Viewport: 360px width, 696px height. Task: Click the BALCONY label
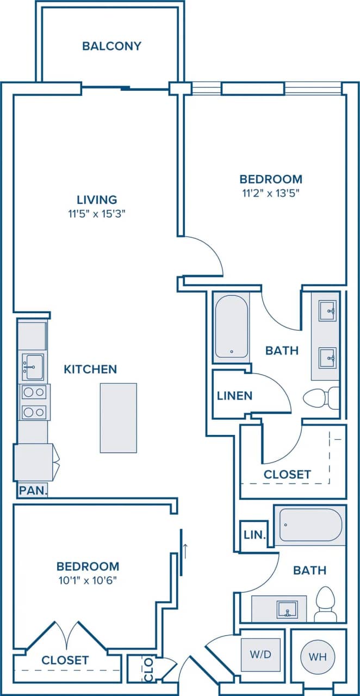(111, 46)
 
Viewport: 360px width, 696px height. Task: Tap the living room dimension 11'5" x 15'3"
(97, 214)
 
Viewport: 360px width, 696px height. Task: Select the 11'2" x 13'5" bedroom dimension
(271, 192)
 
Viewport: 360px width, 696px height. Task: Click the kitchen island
(118, 418)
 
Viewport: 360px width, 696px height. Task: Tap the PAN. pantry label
(33, 490)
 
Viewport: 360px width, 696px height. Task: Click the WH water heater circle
(318, 657)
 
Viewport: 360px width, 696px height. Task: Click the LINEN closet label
(234, 396)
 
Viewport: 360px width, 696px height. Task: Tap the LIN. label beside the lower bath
(254, 535)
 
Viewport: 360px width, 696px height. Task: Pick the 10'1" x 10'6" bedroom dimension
(88, 580)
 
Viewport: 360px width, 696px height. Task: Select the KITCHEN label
(90, 370)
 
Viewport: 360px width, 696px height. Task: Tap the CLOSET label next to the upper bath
(287, 475)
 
